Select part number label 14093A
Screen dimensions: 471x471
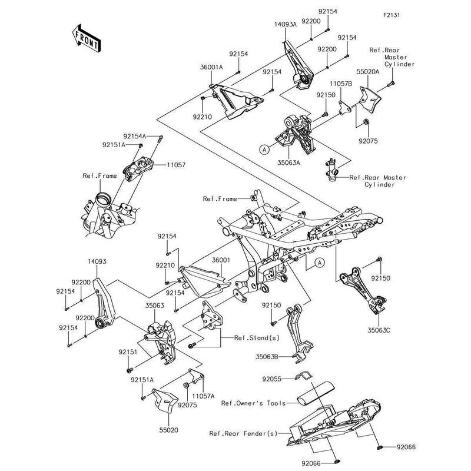pyautogui.click(x=285, y=25)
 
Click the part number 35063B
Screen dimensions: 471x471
pyautogui.click(x=268, y=356)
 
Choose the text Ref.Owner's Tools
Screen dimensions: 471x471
pyautogui.click(x=253, y=403)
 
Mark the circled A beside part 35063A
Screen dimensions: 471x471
pyautogui.click(x=264, y=150)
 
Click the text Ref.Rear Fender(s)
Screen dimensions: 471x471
pyautogui.click(x=243, y=433)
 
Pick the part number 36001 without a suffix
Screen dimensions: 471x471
pyautogui.click(x=221, y=260)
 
